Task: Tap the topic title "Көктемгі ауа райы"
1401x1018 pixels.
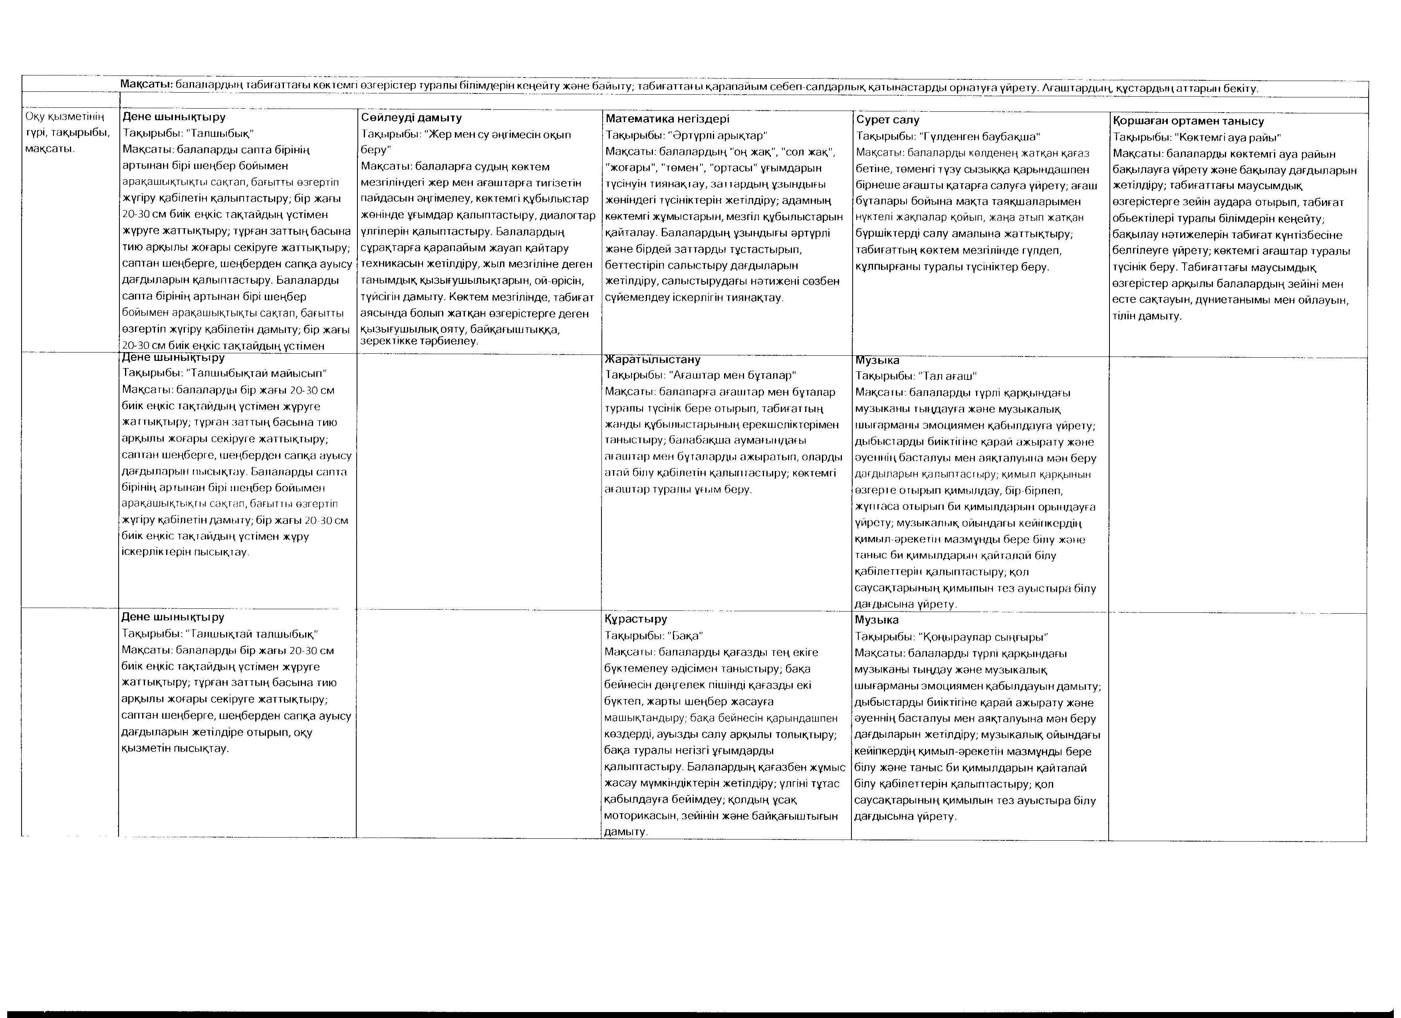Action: click(x=1229, y=138)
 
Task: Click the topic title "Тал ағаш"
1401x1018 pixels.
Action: click(x=948, y=376)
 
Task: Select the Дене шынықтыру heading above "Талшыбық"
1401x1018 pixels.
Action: click(x=174, y=116)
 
